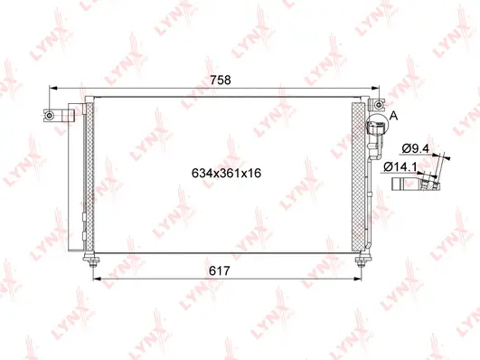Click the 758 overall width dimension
coord(221,80)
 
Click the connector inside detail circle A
coord(376,137)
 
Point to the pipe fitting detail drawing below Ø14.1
coord(417,185)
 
